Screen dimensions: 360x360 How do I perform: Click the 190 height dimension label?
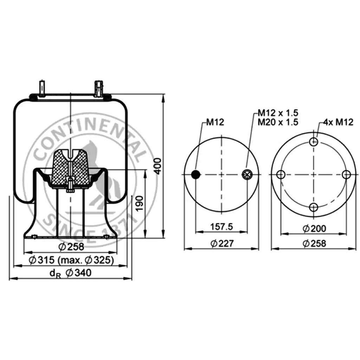point(139,204)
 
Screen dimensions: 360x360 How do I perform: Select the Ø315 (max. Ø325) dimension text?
point(71,260)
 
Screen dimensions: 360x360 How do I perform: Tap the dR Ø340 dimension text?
point(70,273)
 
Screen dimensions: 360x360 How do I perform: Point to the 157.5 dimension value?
point(221,227)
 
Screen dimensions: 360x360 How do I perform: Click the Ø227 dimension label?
point(222,243)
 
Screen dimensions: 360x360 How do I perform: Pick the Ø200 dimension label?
point(314,229)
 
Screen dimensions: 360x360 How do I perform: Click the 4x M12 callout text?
point(338,122)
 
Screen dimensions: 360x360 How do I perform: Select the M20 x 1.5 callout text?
point(278,122)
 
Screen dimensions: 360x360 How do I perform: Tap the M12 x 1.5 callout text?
point(278,113)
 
